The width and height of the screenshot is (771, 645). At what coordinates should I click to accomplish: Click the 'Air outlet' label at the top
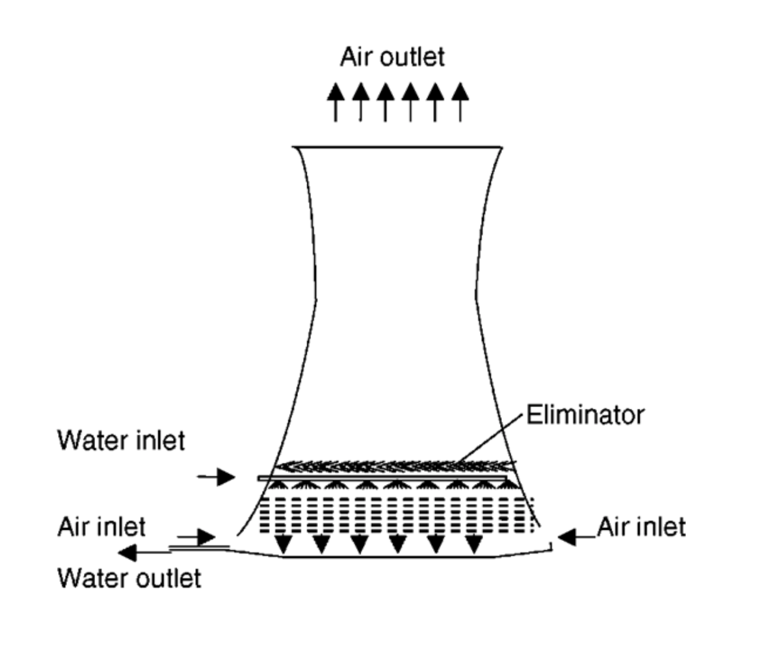[392, 57]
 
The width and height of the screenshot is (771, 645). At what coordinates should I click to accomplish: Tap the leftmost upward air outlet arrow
[335, 102]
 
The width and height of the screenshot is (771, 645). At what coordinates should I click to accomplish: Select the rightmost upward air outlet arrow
[460, 102]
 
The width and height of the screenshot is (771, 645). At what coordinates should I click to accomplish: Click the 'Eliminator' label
[585, 415]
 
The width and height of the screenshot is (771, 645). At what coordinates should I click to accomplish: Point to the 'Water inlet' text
[121, 440]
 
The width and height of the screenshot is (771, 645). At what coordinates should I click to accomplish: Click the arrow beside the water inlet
[217, 477]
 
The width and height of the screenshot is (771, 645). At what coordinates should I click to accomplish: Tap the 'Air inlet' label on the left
[101, 527]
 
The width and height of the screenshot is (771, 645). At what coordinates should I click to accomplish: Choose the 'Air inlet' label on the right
[641, 527]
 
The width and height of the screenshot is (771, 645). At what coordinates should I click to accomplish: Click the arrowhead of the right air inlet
[567, 537]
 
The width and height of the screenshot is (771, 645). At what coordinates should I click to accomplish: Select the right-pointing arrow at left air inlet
[197, 537]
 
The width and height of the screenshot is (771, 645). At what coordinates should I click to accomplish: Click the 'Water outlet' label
[130, 579]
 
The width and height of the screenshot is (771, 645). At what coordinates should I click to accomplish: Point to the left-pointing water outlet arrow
[145, 553]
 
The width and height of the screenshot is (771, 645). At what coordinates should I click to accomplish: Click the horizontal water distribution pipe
[382, 478]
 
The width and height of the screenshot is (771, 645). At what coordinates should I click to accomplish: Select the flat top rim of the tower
[397, 147]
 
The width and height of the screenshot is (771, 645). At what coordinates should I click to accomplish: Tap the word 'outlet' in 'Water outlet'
[170, 579]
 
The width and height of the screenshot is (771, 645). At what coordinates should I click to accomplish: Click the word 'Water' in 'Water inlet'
[93, 440]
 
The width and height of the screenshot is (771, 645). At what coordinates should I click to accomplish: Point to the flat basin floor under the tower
[389, 557]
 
